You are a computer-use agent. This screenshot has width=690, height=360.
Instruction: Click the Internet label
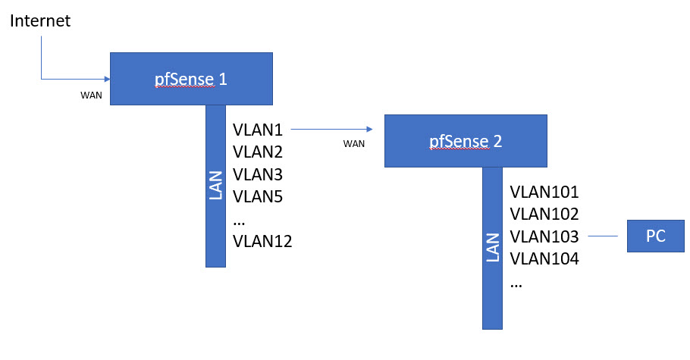coord(40,21)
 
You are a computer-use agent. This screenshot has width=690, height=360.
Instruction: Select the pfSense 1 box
coord(191,79)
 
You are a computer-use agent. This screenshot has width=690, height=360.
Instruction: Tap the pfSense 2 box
coord(465,140)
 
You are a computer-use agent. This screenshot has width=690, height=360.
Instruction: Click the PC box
coord(655,236)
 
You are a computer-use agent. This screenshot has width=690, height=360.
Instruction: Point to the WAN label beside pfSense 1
coord(91,96)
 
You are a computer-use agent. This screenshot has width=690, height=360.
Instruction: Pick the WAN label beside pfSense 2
coord(354,143)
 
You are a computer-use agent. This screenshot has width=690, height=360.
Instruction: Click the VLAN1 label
coord(258,130)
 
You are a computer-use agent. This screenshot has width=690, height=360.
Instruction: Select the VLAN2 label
coord(258,152)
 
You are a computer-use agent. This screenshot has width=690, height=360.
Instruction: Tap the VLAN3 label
coord(258,174)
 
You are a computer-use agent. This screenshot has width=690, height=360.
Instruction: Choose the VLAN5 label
coord(258,197)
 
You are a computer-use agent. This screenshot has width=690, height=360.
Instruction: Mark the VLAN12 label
coord(262,242)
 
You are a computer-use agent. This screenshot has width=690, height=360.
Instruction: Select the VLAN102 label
coord(544,214)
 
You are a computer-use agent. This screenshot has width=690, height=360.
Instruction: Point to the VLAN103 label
coord(544,236)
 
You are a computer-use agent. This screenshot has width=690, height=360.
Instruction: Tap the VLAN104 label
coord(544,259)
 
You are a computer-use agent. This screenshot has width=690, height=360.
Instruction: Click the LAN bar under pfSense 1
coord(215,186)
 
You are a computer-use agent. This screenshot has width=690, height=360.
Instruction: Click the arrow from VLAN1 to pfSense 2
coord(332,130)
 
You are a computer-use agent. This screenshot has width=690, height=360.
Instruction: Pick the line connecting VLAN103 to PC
coord(603,236)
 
